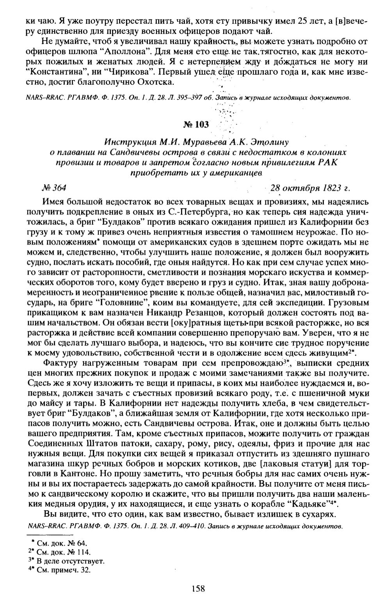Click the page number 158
tap(198, 588)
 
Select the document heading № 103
tap(196, 124)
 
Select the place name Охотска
tap(158, 82)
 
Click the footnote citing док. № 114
tap(63, 552)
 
